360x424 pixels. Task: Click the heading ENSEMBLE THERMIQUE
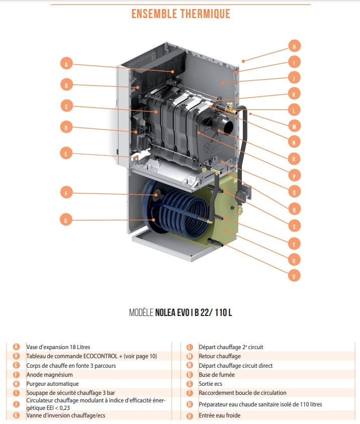[181, 14]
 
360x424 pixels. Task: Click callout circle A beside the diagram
[66, 64]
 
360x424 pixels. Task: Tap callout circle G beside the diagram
[66, 219]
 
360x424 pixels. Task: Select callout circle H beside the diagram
[294, 47]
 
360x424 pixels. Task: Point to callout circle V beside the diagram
[294, 275]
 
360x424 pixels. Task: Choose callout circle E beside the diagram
[66, 153]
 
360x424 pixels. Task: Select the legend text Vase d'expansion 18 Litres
[59, 347]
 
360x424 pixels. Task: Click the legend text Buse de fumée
[219, 374]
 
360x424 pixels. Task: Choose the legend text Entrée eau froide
[220, 415]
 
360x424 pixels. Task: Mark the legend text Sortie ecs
[211, 384]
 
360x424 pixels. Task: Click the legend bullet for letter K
[17, 415]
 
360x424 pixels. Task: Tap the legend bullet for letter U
[190, 404]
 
